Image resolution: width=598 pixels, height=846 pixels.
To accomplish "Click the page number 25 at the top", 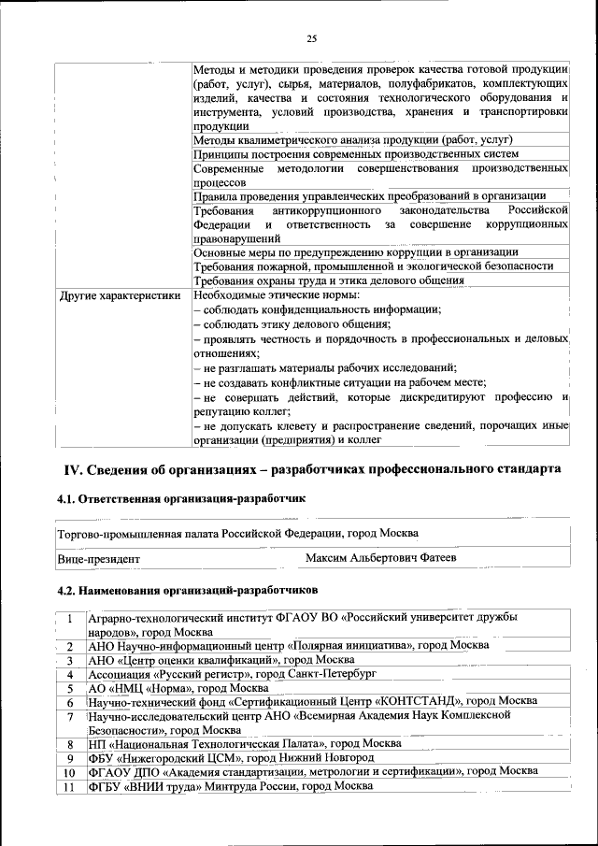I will (311, 38).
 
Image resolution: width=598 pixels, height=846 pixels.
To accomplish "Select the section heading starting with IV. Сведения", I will (312, 466).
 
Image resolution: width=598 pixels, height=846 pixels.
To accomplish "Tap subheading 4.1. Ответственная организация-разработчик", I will (181, 500).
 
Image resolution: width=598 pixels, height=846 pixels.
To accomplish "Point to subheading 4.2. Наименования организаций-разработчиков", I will (187, 590).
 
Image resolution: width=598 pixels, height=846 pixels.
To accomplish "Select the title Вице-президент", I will (99, 558).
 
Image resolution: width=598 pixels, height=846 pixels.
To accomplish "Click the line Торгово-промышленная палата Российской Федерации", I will (237, 532).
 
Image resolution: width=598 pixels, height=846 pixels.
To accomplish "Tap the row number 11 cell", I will (68, 786).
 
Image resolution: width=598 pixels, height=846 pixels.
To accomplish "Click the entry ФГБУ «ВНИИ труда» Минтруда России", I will (230, 786).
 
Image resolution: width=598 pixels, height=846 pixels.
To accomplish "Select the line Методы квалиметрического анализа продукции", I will (353, 140).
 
